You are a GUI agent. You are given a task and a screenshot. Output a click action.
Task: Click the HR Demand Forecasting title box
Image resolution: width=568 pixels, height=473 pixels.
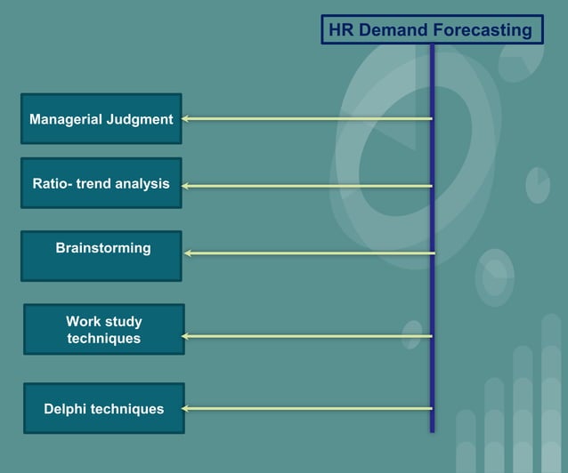pyautogui.click(x=432, y=29)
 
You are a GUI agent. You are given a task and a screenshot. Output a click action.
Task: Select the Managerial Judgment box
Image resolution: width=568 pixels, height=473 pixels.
pyautogui.click(x=101, y=118)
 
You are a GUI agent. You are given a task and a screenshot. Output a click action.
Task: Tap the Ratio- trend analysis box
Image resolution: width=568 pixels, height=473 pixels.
pyautogui.click(x=101, y=183)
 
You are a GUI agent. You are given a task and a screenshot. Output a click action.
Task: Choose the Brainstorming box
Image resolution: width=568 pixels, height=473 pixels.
pyautogui.click(x=101, y=256)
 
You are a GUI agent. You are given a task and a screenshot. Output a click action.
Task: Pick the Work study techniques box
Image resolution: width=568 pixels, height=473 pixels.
pyautogui.click(x=104, y=329)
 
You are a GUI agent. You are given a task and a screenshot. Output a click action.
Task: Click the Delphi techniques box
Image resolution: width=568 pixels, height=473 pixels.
pyautogui.click(x=104, y=408)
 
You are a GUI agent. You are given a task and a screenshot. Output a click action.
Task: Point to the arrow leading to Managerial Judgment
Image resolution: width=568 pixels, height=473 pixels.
pyautogui.click(x=307, y=118)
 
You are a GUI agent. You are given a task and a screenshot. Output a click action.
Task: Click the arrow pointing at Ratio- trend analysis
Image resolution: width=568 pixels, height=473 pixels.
pyautogui.click(x=307, y=186)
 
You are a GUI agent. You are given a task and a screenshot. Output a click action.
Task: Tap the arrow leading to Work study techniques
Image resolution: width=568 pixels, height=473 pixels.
pyautogui.click(x=307, y=336)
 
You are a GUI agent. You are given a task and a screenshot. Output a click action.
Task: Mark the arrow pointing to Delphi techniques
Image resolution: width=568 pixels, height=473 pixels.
pyautogui.click(x=307, y=409)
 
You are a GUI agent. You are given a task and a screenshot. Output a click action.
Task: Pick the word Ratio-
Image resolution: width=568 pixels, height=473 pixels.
pyautogui.click(x=53, y=184)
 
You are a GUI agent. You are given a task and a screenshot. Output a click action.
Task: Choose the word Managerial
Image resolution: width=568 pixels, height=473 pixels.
pyautogui.click(x=64, y=119)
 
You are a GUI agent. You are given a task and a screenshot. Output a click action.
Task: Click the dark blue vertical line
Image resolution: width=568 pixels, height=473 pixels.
pyautogui.click(x=432, y=267)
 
